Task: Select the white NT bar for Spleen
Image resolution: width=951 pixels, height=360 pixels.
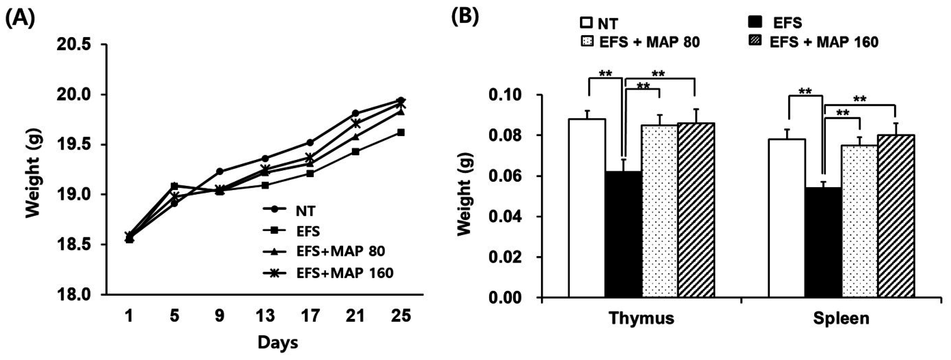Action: [786, 218]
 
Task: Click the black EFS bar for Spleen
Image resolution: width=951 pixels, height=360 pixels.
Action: [823, 242]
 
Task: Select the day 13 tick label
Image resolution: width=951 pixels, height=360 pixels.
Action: [265, 316]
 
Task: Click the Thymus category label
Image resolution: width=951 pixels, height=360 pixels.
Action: [642, 318]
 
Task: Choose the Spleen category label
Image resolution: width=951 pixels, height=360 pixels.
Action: [841, 318]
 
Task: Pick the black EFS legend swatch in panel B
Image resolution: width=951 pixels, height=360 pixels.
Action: [754, 23]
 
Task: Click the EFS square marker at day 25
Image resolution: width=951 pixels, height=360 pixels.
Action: [401, 132]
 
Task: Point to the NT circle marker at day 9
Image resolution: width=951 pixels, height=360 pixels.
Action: [220, 171]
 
